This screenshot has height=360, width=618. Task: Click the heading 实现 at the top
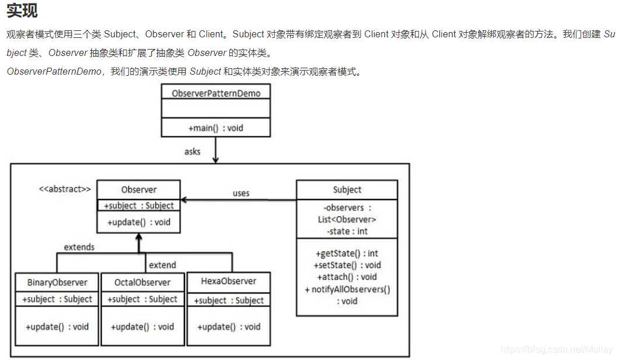coord(22,11)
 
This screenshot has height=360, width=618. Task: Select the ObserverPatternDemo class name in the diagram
coord(216,93)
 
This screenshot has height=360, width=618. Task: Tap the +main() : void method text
coord(216,128)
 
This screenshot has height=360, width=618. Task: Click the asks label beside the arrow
coord(192,152)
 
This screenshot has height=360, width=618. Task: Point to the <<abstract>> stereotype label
coord(65,189)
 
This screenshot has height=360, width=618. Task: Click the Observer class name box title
coord(139,190)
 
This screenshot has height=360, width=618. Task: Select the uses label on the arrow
coord(241,193)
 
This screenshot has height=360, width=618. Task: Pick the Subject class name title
coord(347,190)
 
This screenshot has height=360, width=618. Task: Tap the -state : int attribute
coord(347,231)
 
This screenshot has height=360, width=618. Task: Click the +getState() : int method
coord(347,253)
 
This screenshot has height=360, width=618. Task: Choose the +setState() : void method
coord(347,265)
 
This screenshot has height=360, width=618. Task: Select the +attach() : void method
coord(347,277)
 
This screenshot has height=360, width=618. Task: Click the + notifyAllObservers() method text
coord(347,289)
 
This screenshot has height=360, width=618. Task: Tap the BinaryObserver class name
coord(57,282)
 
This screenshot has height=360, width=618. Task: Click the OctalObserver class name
coord(142,282)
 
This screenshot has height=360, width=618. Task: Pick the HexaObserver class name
coord(228,281)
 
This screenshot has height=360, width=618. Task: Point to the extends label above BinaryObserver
coord(79,247)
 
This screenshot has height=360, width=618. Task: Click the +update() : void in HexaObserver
coord(228,327)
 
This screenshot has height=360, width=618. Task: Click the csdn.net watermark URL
coord(557,349)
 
